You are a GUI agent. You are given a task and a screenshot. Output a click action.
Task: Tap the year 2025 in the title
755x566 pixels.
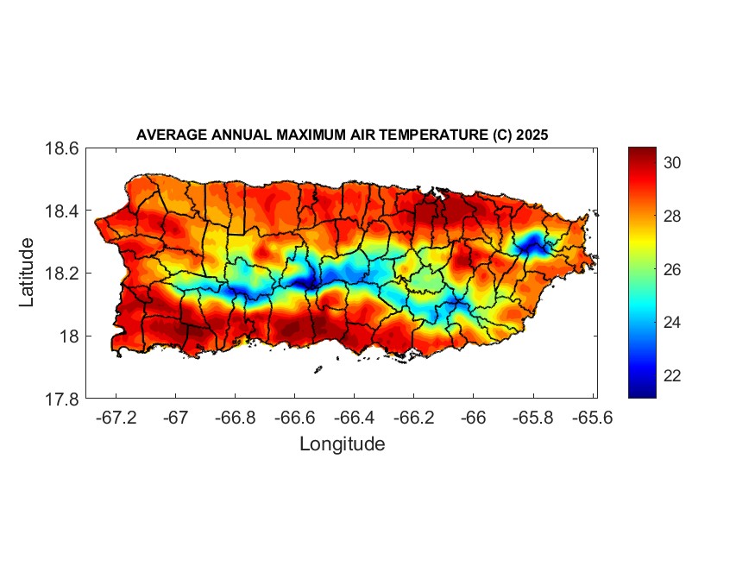click(532, 135)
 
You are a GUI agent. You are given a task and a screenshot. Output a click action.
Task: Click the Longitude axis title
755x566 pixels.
click(342, 444)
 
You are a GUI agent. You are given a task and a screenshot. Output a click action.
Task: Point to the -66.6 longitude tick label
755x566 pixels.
click(294, 418)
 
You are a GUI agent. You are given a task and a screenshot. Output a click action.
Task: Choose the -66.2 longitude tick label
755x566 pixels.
click(413, 418)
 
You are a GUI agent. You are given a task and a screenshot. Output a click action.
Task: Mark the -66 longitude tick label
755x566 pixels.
click(473, 418)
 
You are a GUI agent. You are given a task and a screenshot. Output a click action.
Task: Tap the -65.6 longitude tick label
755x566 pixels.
click(592, 418)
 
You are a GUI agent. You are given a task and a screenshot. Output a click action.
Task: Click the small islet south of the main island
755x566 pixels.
click(318, 370)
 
